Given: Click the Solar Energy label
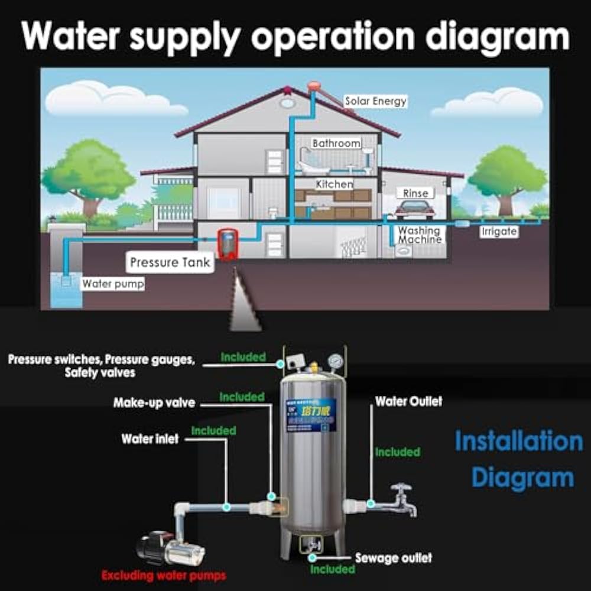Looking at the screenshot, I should [376, 101].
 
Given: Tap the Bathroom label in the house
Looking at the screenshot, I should [336, 143].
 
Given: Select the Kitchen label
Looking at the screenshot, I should [335, 184].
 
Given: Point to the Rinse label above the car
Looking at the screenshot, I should [415, 193].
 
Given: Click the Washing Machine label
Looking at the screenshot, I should [420, 235].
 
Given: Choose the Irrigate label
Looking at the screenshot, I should [499, 232].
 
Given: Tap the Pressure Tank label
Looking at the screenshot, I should [170, 262].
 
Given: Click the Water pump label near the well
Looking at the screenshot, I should [113, 284].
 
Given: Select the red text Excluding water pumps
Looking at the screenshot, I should [164, 574].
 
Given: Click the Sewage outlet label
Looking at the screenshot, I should [394, 558].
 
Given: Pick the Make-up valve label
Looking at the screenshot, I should [154, 403].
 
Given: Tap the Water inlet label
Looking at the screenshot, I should [150, 439].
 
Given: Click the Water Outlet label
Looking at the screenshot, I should [409, 401].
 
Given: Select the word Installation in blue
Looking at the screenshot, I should [518, 441].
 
